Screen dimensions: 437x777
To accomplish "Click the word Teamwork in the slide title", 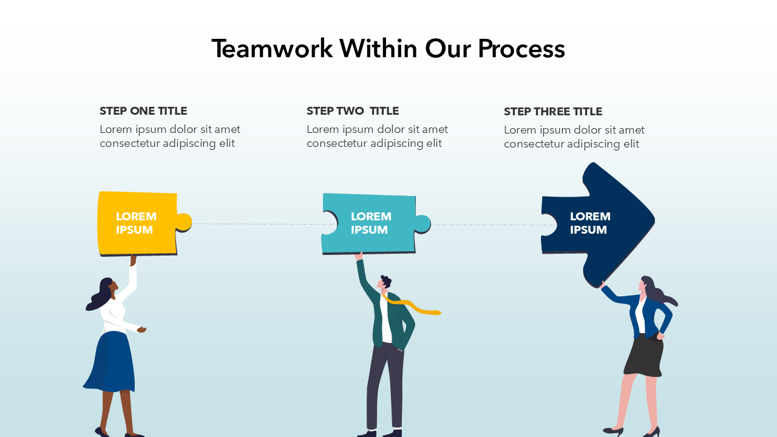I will click(x=272, y=49).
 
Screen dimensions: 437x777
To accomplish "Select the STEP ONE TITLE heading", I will click(x=143, y=111).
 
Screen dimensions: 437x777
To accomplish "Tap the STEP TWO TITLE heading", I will click(x=353, y=111).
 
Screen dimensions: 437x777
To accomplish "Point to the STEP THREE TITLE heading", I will click(x=553, y=112).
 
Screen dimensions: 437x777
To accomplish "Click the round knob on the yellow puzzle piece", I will click(x=184, y=223).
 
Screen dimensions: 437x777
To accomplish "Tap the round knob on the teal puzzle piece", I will click(x=422, y=223).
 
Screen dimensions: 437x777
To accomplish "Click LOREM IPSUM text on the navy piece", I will click(x=589, y=223).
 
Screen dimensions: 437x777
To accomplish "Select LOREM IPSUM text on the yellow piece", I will click(x=136, y=223).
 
